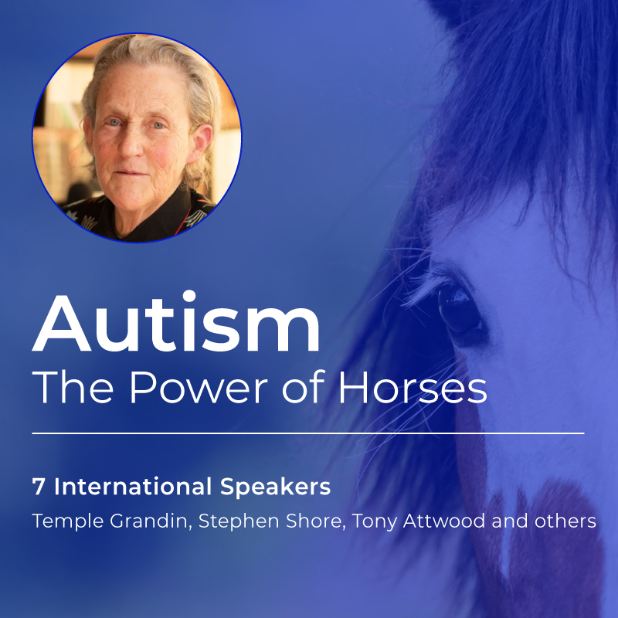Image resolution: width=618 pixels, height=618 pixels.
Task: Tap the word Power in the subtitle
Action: point(183,388)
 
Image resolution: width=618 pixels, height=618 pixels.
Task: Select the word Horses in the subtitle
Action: point(413,388)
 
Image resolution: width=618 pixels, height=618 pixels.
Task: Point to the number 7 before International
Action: point(38,487)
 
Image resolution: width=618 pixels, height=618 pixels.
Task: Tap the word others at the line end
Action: point(567,521)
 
